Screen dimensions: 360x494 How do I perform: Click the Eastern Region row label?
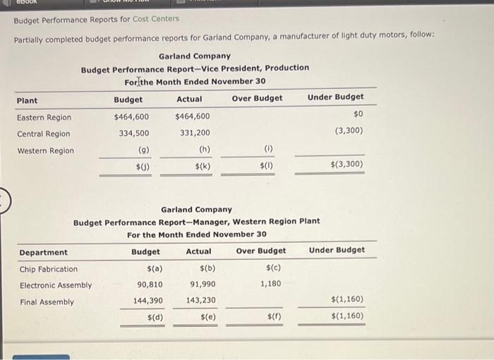pos(44,117)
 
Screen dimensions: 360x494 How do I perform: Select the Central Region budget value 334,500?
pos(134,133)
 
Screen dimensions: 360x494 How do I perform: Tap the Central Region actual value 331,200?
pos(194,133)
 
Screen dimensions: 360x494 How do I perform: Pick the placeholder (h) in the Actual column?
pos(205,150)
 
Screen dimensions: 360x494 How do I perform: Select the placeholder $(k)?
pos(203,167)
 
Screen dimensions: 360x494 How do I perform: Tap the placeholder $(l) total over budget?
pos(266,167)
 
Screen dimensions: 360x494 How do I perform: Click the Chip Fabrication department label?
pos(49,269)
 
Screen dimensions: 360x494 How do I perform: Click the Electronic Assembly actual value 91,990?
pos(203,285)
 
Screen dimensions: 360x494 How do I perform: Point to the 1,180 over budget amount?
pos(270,284)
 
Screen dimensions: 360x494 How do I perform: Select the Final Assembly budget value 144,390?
pos(148,301)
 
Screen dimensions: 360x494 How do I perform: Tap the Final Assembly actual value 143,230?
pos(201,301)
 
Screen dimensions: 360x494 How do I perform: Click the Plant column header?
pos(28,100)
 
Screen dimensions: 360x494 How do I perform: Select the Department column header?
pos(44,253)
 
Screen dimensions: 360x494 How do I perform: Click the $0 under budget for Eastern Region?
pos(358,114)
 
